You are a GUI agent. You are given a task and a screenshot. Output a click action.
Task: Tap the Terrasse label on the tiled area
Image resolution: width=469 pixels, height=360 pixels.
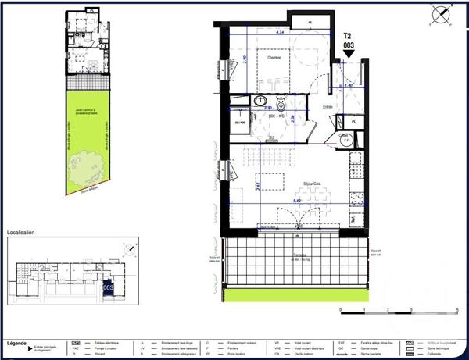point(295,258)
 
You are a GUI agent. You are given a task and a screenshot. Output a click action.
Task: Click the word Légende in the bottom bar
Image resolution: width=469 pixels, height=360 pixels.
point(18,343)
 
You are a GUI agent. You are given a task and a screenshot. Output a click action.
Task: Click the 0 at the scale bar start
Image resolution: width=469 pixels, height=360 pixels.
point(342,310)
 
